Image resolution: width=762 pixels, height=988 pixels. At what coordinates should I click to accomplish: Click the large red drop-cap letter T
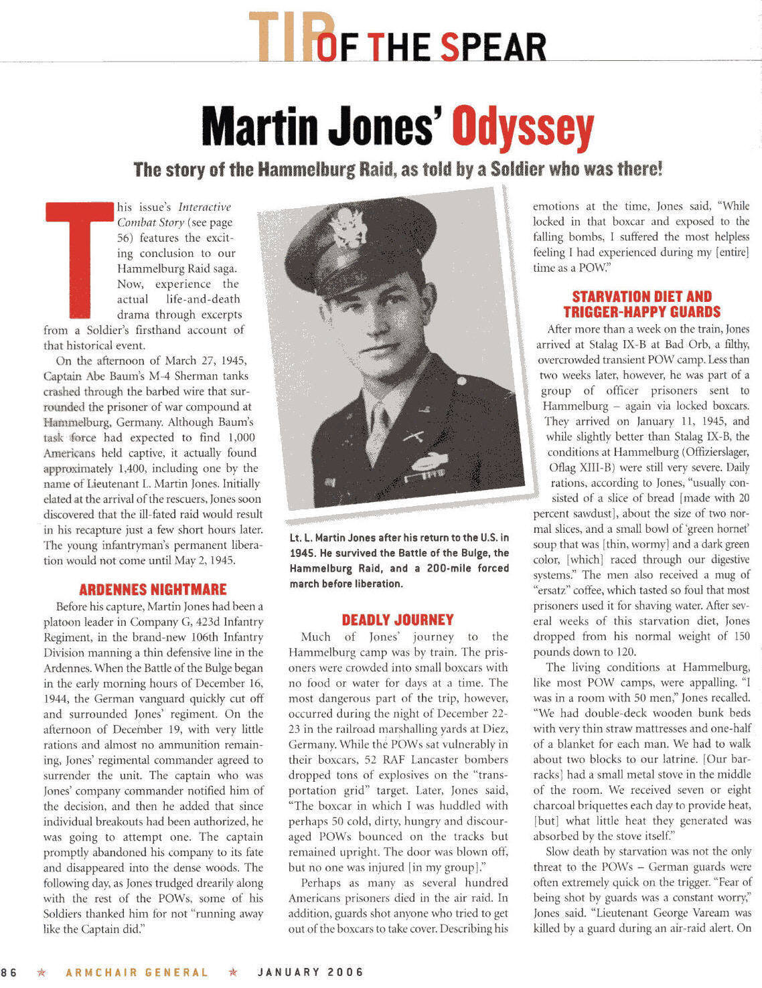click(x=79, y=258)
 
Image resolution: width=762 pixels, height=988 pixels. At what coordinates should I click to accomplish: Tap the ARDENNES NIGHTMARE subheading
click(x=153, y=590)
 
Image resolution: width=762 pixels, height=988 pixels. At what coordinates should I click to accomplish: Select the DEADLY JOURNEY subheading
click(x=398, y=620)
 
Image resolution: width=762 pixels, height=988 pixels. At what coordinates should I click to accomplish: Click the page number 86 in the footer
click(x=9, y=972)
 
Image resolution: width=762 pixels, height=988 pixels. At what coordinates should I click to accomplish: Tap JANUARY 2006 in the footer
click(x=311, y=972)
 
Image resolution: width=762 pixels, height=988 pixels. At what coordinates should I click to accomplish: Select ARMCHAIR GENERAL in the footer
click(x=137, y=972)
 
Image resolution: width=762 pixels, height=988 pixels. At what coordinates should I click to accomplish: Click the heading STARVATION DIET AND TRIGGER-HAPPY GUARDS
click(x=641, y=304)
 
